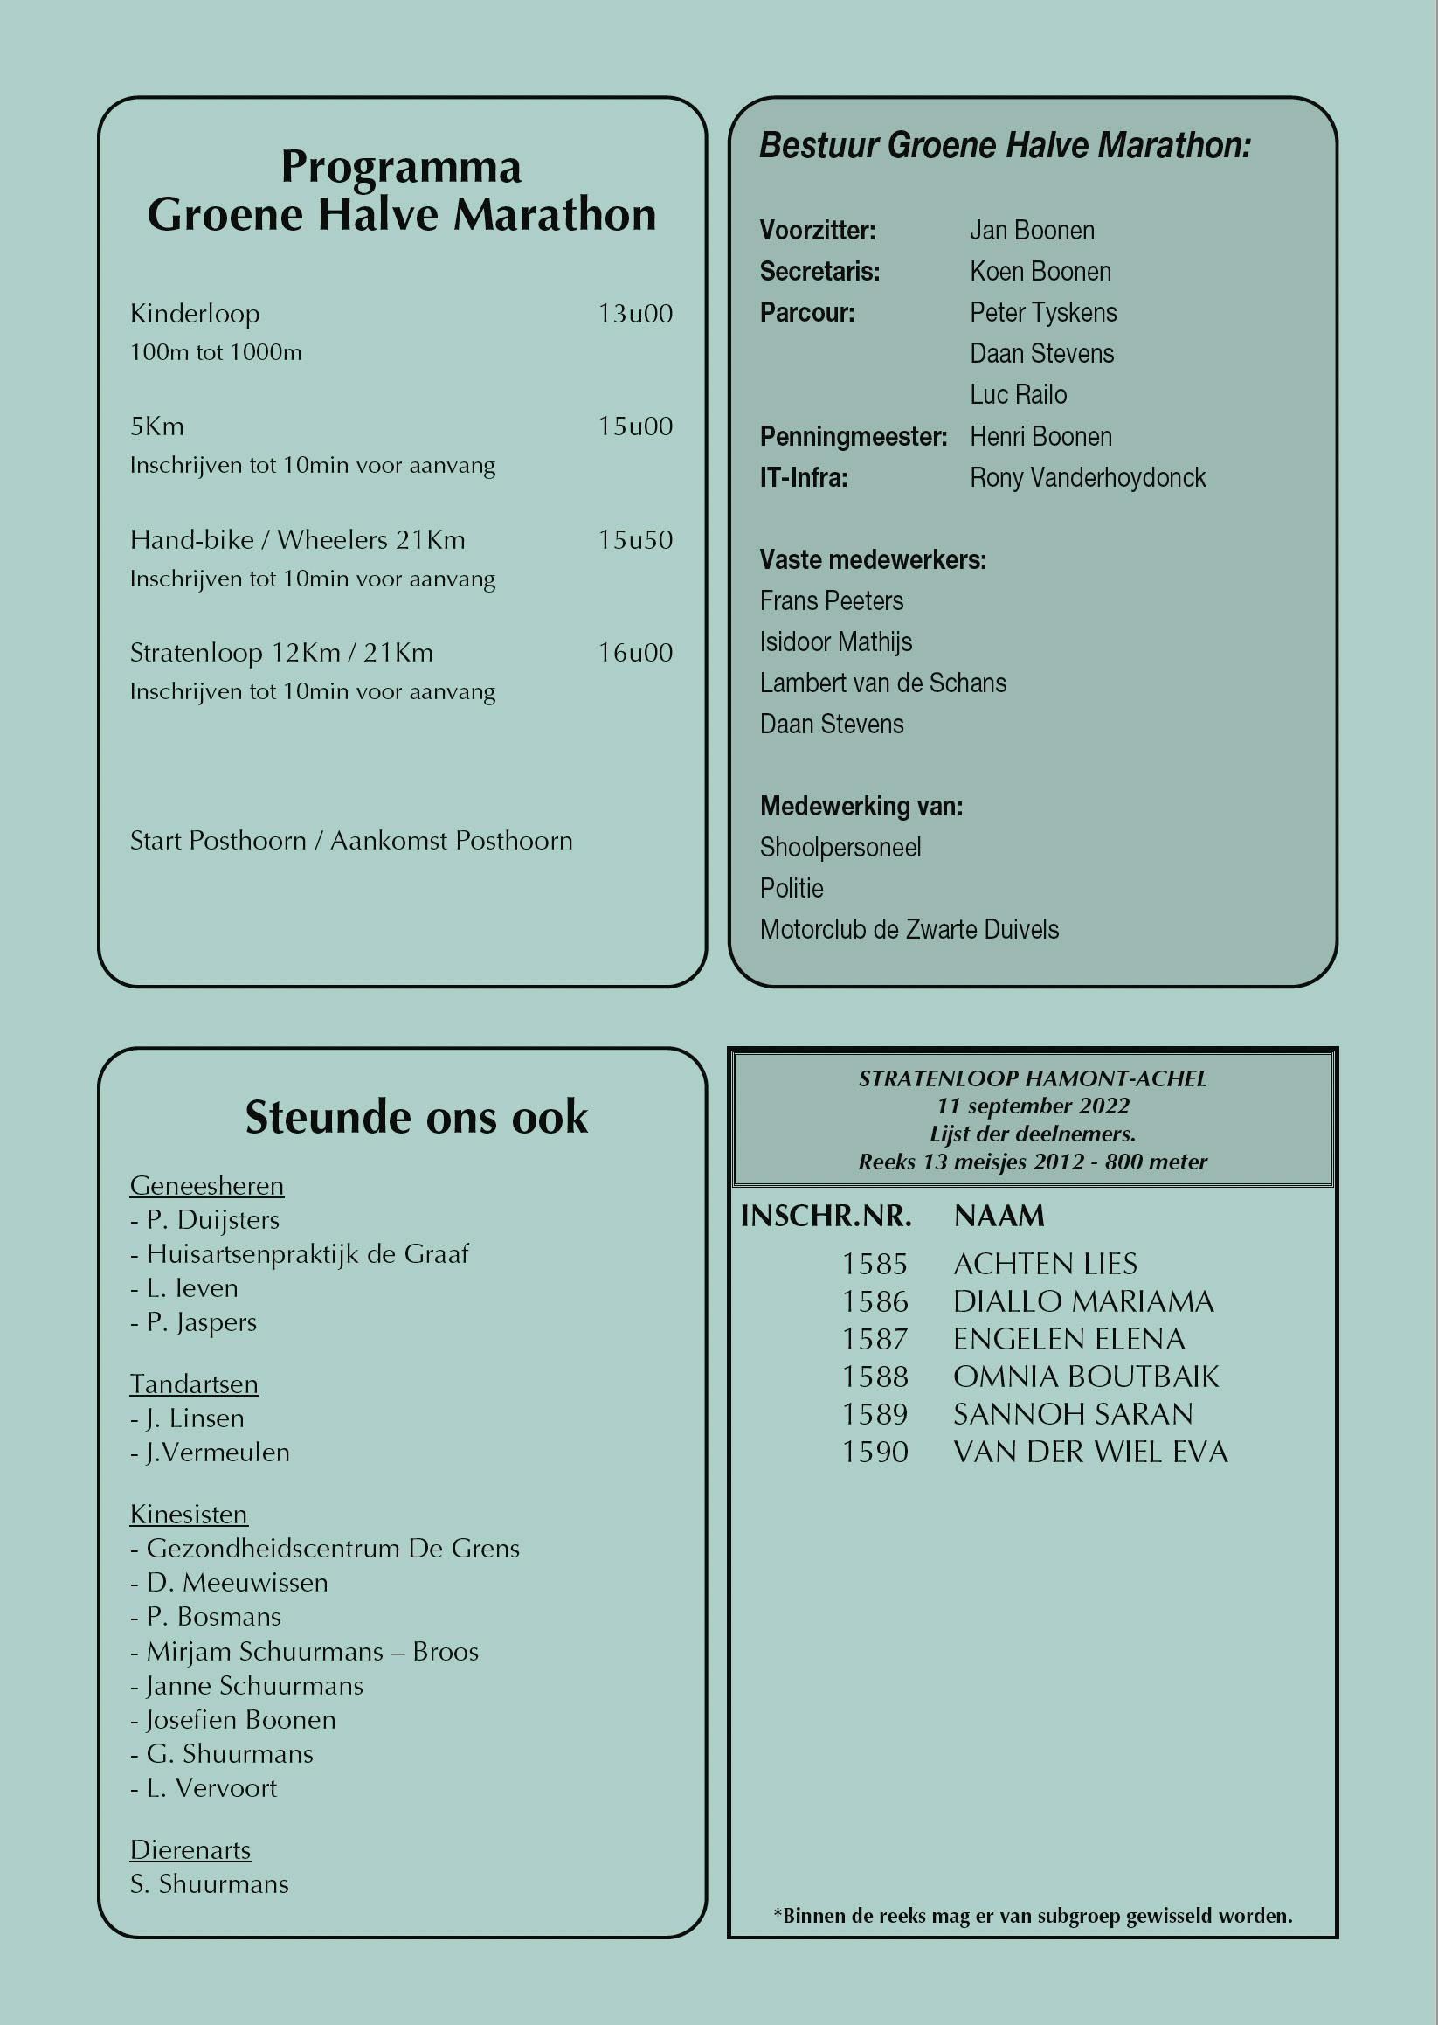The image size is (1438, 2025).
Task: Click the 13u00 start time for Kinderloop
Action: click(635, 314)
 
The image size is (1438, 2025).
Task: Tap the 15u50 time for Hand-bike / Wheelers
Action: click(635, 539)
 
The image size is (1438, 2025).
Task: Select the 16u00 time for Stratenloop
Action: click(635, 653)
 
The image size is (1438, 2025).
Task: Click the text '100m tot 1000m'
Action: click(215, 352)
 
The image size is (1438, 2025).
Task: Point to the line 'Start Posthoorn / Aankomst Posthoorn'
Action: click(350, 841)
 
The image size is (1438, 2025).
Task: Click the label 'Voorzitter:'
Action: click(818, 231)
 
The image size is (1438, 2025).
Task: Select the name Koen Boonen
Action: click(1040, 272)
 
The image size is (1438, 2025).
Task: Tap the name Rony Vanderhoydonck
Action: click(1088, 477)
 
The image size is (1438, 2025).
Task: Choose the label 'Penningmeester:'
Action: click(853, 437)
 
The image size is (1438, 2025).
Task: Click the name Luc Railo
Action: click(1018, 395)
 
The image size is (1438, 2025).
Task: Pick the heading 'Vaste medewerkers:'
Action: click(872, 560)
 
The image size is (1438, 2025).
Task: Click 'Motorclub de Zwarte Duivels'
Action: click(909, 929)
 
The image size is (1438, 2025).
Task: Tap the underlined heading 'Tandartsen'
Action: click(194, 1384)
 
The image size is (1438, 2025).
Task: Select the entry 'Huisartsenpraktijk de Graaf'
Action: click(307, 1253)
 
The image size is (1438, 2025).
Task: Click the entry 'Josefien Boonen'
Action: click(240, 1719)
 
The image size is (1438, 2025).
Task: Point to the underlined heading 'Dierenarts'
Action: click(190, 1849)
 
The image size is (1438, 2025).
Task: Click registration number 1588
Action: click(874, 1377)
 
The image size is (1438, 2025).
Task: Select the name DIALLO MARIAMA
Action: click(1083, 1301)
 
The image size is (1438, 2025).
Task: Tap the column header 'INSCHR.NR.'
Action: click(826, 1217)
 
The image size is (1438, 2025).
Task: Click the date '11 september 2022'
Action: click(1033, 1106)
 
